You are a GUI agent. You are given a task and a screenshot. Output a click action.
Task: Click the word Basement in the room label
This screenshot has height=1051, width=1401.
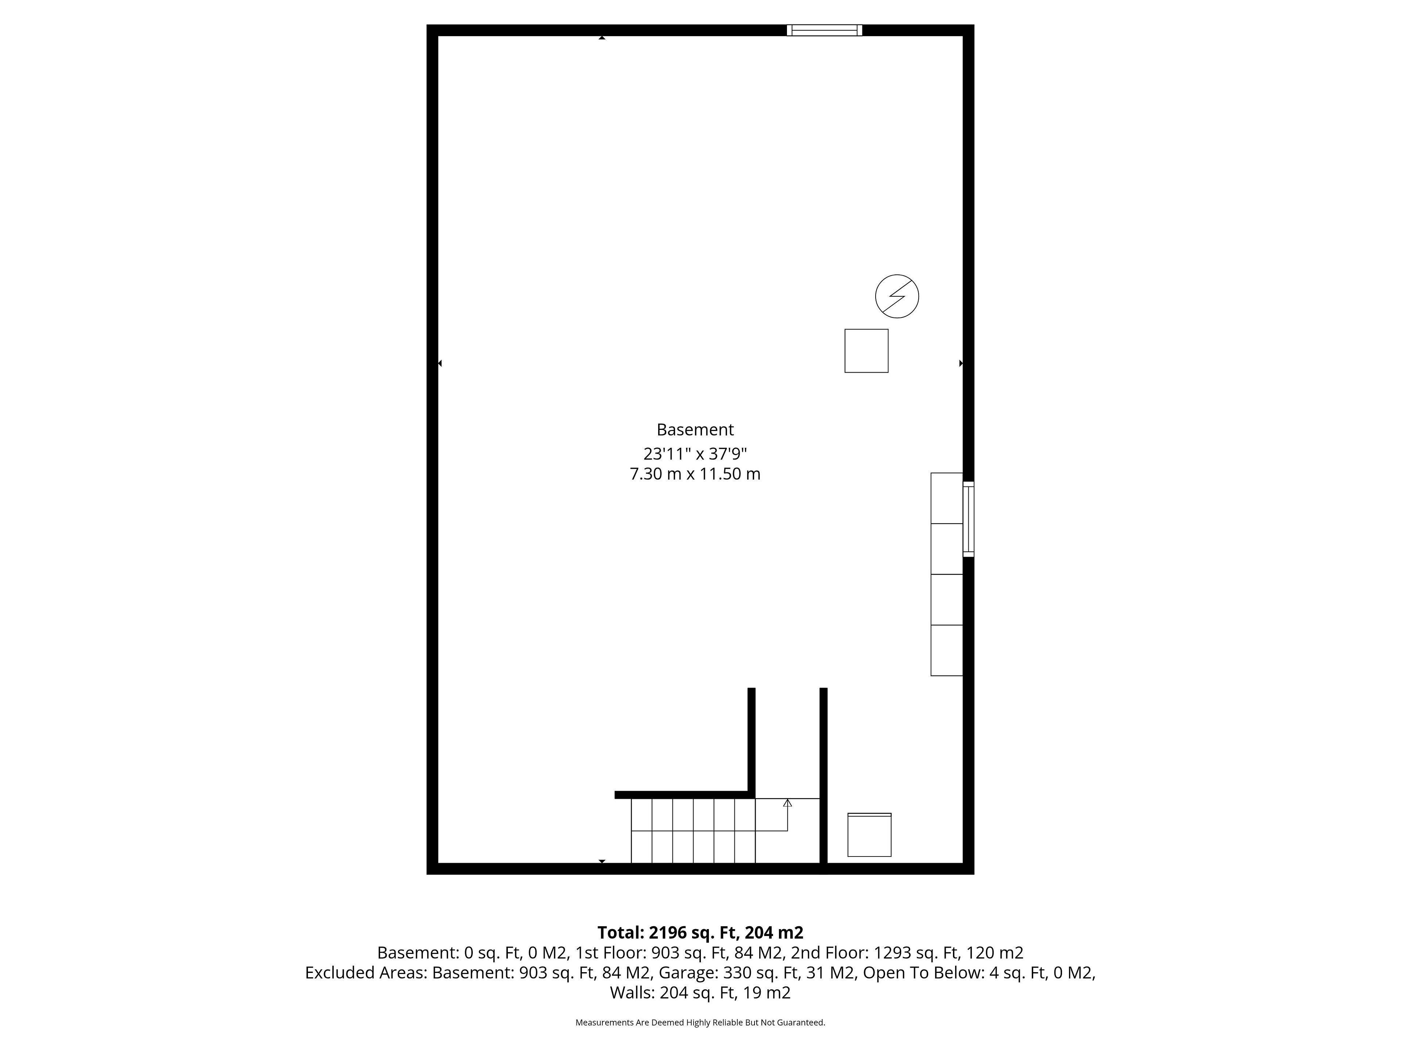(695, 430)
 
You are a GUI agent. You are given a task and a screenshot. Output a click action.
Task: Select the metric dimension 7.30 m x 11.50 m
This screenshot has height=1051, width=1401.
(695, 474)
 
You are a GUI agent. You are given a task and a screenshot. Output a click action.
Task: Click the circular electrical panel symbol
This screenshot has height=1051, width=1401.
(897, 296)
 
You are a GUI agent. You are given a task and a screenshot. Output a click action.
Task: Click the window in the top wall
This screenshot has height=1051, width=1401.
(824, 30)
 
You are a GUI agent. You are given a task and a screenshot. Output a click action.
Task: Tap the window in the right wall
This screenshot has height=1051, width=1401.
(968, 519)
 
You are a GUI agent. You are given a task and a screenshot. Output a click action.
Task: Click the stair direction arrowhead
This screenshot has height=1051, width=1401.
(787, 802)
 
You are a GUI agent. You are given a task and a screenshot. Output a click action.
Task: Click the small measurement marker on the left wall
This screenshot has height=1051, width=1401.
(440, 363)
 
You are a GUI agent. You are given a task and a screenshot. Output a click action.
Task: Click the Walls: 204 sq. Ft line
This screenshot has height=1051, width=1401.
(700, 993)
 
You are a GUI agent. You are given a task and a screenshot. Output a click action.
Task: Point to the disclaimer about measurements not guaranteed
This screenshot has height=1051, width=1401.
(700, 1023)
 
